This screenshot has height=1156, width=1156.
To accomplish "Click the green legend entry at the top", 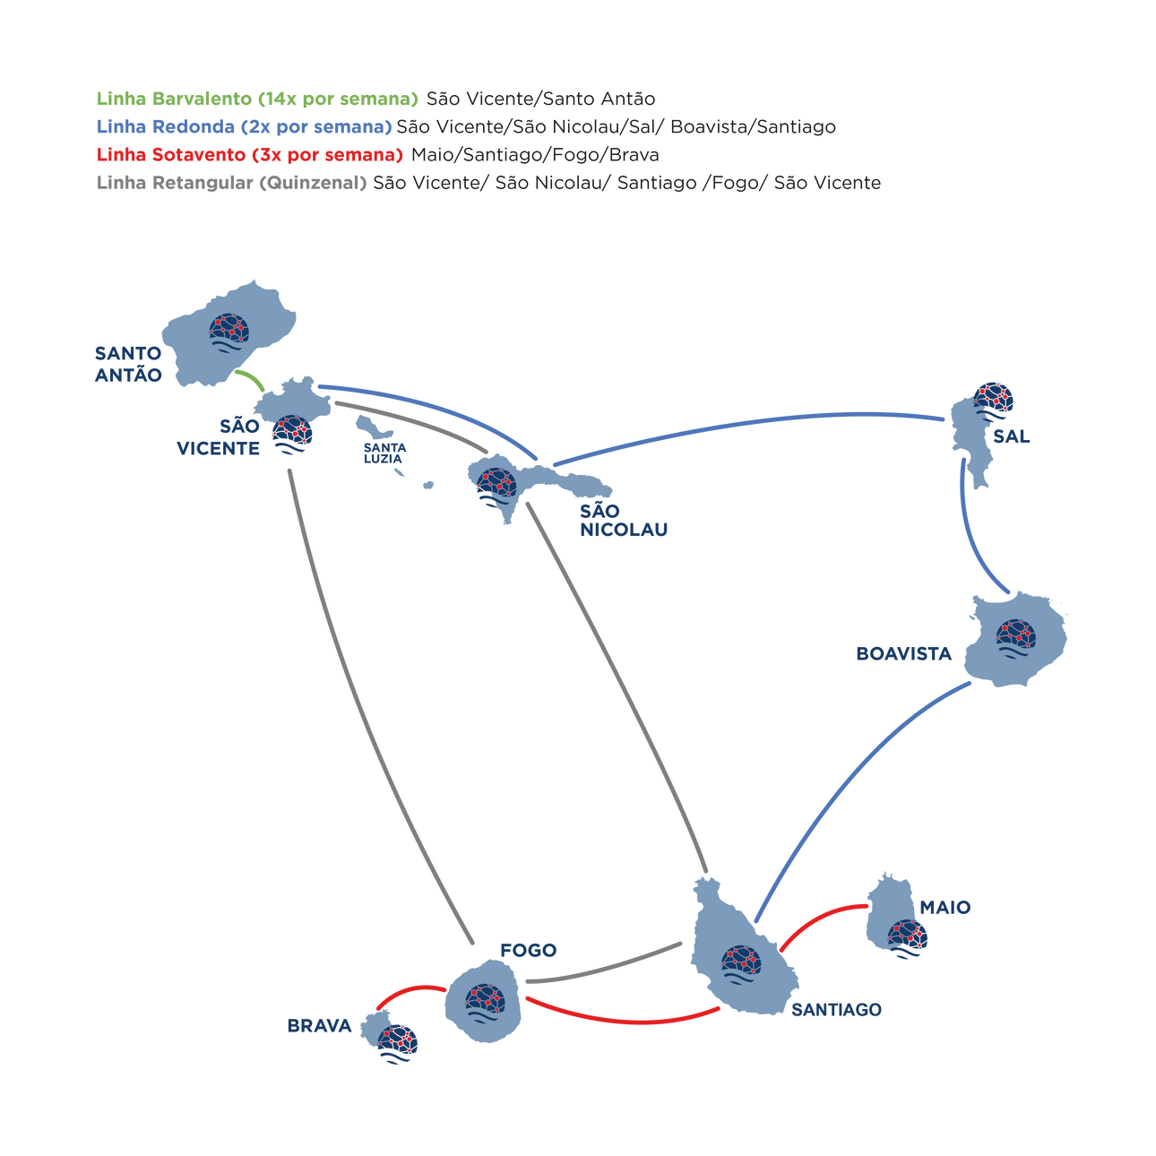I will (256, 99).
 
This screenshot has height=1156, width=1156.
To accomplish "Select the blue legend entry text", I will (244, 126).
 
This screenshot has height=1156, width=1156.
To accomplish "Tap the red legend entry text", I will (249, 154).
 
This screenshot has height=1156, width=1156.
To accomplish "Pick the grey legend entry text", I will (231, 183).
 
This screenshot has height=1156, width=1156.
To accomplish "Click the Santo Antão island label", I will (128, 363).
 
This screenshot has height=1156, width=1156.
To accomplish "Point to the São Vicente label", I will (220, 437).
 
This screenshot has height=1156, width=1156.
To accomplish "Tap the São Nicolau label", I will (624, 520).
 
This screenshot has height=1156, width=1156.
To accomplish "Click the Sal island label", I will (1012, 437).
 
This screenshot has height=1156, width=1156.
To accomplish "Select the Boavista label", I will (904, 654).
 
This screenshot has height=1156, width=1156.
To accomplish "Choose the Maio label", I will (945, 908).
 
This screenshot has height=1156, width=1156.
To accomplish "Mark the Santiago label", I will (836, 1010).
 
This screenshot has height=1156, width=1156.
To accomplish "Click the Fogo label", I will (529, 950).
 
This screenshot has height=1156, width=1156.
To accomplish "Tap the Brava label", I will (320, 1025).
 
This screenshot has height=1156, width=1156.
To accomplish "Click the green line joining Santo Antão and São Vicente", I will (251, 380).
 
